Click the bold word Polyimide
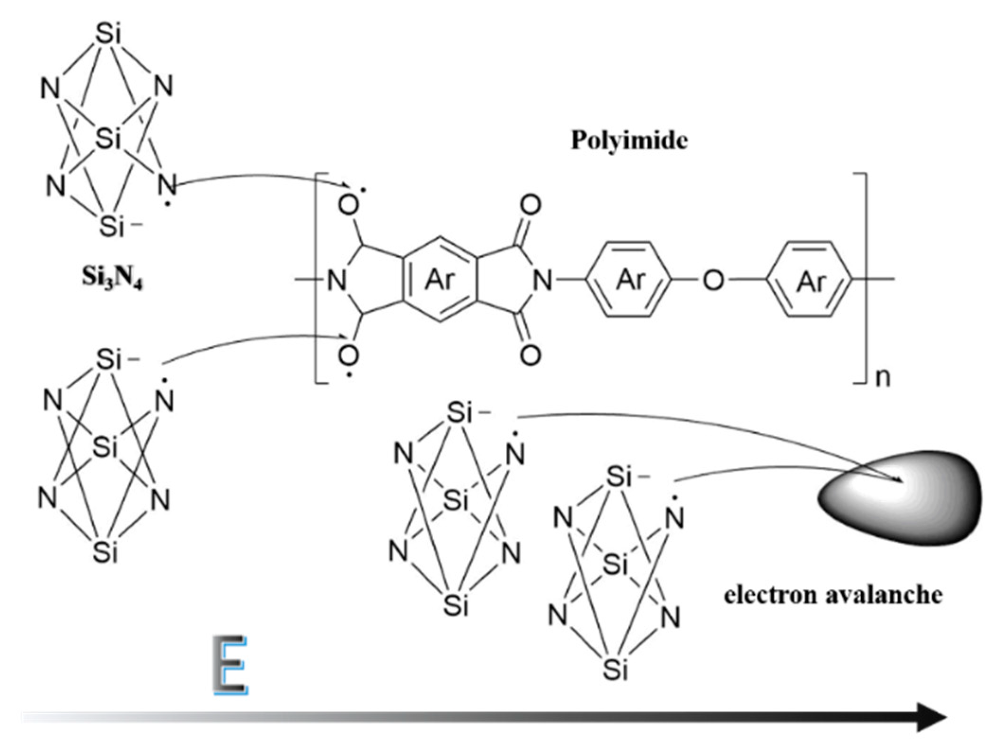[629, 141]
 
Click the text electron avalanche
[833, 595]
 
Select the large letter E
[231, 665]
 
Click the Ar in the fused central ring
[440, 280]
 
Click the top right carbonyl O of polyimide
[530, 206]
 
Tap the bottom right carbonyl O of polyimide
[530, 355]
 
